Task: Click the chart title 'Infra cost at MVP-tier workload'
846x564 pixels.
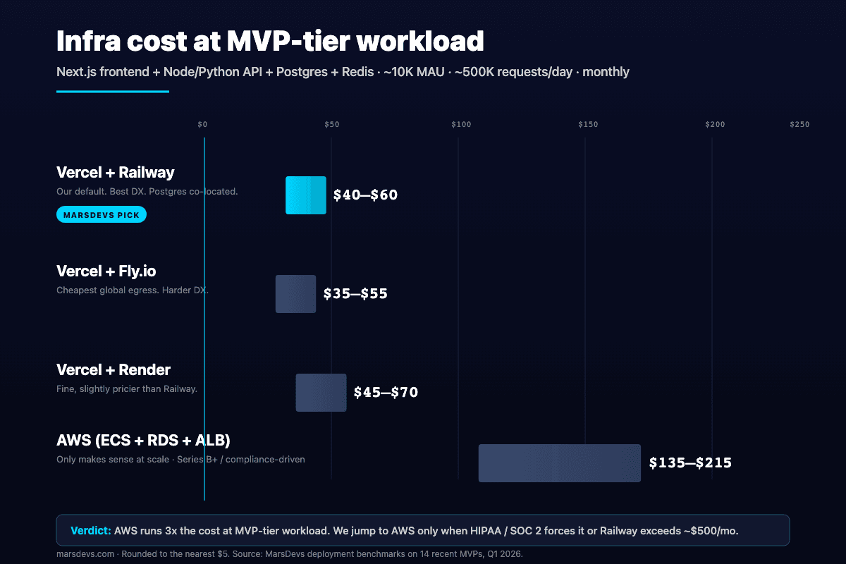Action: click(x=270, y=42)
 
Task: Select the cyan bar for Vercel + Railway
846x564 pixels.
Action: click(x=306, y=195)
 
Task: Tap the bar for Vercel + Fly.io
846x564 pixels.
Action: click(x=295, y=294)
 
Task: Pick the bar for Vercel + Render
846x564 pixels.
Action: click(x=321, y=393)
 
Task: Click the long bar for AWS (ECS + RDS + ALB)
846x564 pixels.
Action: click(x=559, y=463)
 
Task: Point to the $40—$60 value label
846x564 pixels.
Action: click(x=365, y=195)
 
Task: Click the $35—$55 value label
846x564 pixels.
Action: click(x=355, y=294)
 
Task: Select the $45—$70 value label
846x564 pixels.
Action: click(x=386, y=393)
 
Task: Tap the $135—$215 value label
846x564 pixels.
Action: click(x=690, y=463)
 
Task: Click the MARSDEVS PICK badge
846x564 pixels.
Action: click(x=101, y=214)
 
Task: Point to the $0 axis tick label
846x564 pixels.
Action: click(x=202, y=125)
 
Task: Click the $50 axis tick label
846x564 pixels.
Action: click(x=331, y=125)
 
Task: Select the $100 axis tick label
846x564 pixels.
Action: click(x=460, y=125)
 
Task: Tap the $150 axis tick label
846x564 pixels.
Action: click(x=588, y=125)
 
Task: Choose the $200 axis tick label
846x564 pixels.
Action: click(x=715, y=125)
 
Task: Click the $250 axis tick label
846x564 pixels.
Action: click(x=799, y=125)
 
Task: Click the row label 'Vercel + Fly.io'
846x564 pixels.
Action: click(x=106, y=271)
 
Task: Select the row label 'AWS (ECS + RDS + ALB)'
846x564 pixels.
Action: click(x=143, y=441)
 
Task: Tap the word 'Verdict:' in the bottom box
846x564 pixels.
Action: click(x=90, y=530)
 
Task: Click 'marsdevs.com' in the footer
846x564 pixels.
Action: click(x=85, y=553)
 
